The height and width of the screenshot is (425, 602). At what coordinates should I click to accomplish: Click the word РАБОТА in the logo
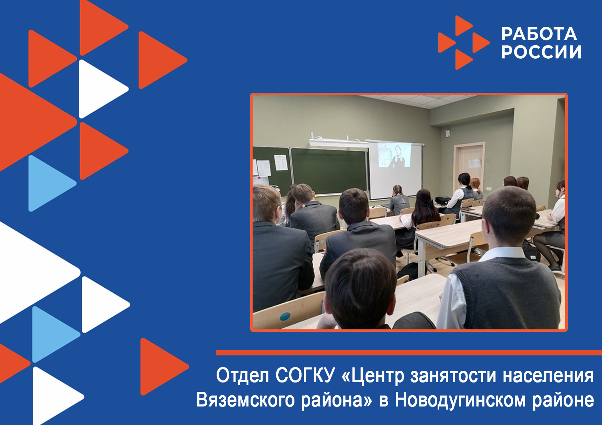(539, 34)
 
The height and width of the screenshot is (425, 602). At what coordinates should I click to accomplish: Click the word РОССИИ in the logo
(541, 52)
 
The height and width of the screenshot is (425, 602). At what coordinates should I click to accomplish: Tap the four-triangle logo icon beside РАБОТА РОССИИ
(464, 42)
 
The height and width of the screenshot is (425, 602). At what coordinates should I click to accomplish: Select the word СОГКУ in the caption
(304, 375)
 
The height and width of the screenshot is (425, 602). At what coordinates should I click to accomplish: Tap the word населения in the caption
(548, 376)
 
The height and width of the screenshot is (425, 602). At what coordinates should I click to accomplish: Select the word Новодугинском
(460, 400)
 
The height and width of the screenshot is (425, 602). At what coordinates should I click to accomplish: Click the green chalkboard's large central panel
(329, 171)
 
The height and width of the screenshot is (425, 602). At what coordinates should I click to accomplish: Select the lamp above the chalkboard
(338, 143)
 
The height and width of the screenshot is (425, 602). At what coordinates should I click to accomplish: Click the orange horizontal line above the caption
(409, 353)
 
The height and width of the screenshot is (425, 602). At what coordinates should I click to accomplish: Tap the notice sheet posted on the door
(475, 163)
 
